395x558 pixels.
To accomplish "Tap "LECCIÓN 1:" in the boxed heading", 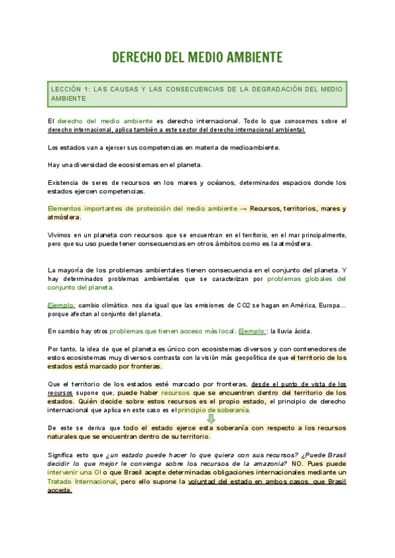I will click(x=69, y=88).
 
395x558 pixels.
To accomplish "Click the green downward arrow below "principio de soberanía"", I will click(x=211, y=419).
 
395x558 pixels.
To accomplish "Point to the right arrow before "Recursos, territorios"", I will click(x=243, y=208).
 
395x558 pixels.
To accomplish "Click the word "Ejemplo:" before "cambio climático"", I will click(x=61, y=305).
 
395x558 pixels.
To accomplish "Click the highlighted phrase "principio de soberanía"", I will click(x=215, y=410).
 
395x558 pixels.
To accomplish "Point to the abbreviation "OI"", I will click(x=105, y=472).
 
